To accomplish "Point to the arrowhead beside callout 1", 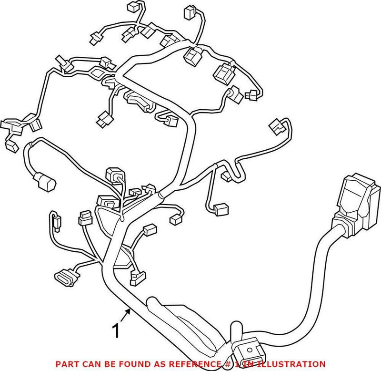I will tap(129, 311).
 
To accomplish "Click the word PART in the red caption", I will tap(67, 364).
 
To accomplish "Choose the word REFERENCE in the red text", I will tap(180, 364).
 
